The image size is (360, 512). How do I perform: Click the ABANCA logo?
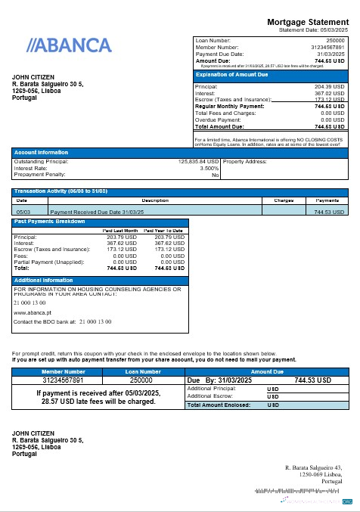point(69,45)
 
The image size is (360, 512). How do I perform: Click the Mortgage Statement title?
point(308,22)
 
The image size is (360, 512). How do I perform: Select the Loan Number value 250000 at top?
point(335,39)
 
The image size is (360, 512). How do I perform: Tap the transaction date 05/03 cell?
point(23,213)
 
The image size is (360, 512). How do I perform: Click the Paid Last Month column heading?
point(120,230)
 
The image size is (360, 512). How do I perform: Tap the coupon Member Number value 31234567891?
point(64,380)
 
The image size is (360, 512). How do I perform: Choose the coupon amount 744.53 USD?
point(312,380)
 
